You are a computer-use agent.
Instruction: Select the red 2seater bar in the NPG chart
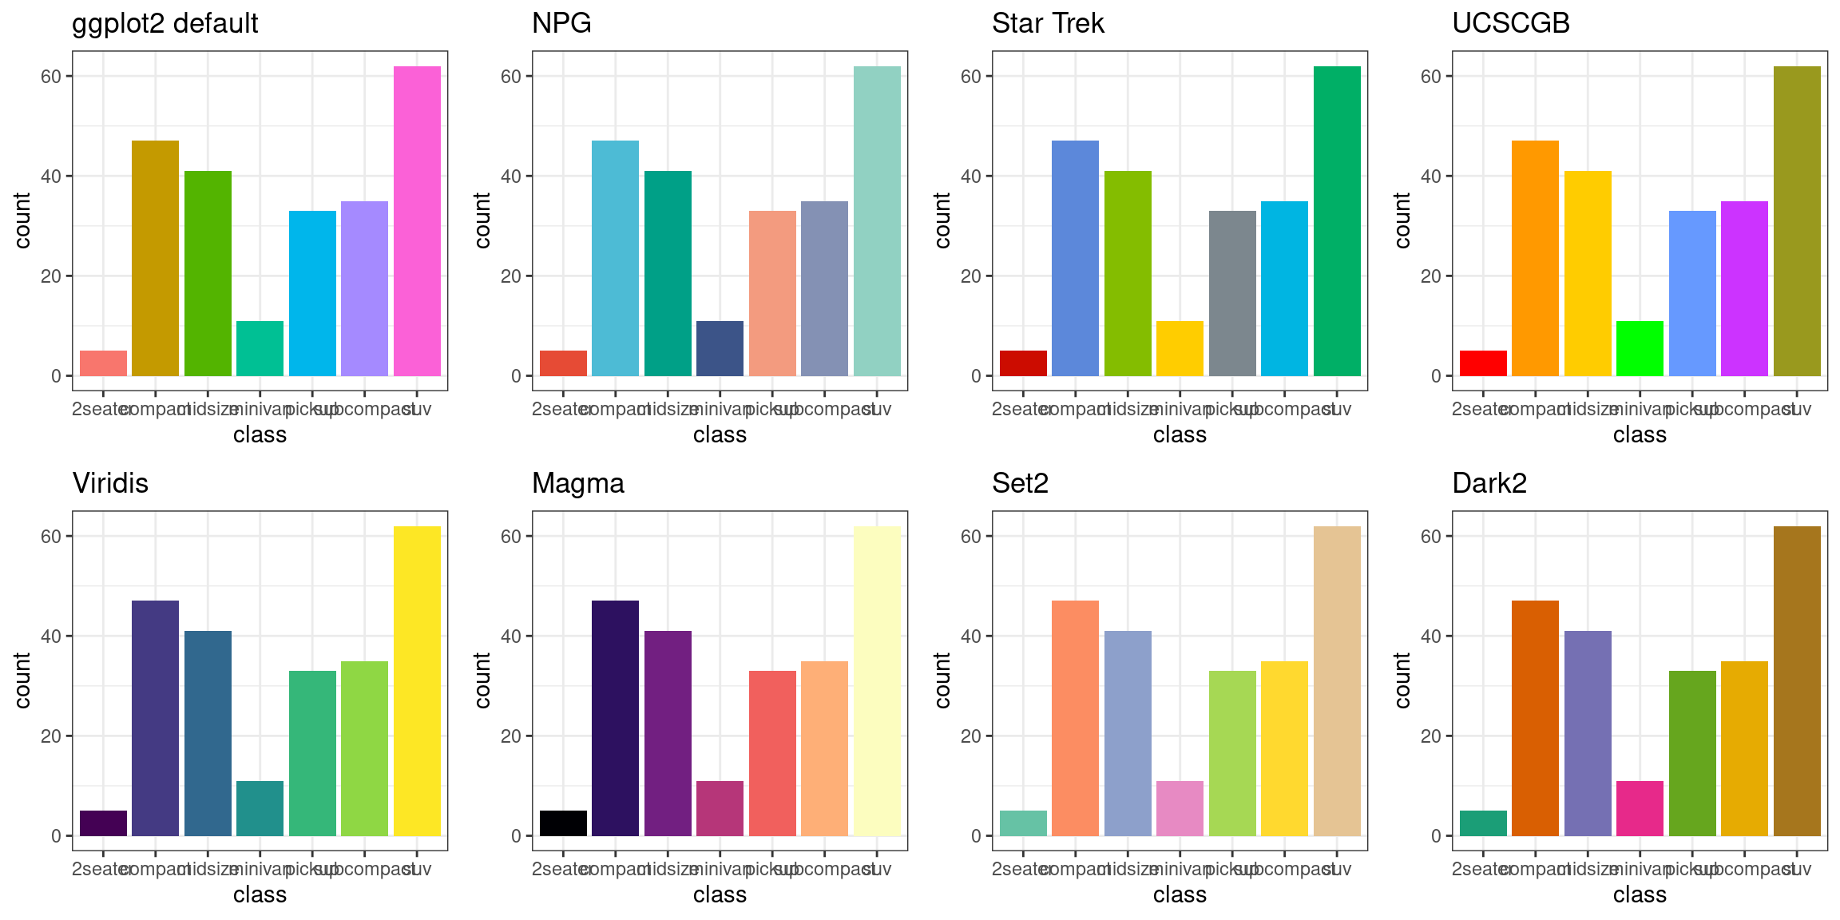point(563,363)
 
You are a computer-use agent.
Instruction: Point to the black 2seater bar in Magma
point(563,823)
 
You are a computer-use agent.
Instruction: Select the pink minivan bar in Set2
point(1180,808)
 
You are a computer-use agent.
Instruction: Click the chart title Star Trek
point(1048,24)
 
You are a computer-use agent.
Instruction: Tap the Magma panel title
point(578,484)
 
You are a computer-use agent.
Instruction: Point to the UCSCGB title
point(1511,24)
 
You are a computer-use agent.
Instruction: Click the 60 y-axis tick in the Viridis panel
point(51,537)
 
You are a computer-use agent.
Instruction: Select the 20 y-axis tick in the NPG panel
point(511,276)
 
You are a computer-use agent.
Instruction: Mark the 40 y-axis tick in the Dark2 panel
point(1431,636)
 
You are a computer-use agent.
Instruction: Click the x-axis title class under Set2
point(1180,894)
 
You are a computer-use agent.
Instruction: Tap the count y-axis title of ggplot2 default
point(22,220)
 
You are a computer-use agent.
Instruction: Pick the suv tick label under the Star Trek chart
point(1337,410)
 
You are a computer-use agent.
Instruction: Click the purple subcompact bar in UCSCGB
point(1744,288)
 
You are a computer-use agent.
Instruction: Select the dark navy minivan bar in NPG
point(720,348)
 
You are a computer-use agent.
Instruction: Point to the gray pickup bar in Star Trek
point(1232,293)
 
